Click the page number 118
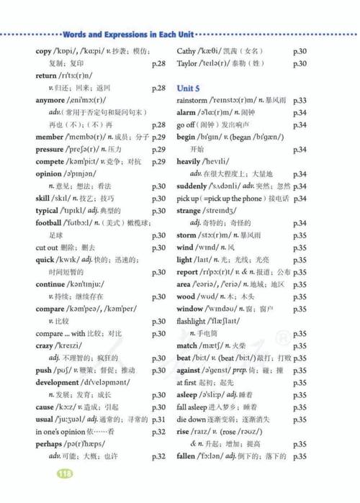(65, 473)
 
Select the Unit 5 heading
(192, 87)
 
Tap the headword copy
(44, 51)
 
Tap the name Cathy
(186, 51)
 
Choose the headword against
(193, 370)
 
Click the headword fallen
(190, 456)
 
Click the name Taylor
(189, 63)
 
